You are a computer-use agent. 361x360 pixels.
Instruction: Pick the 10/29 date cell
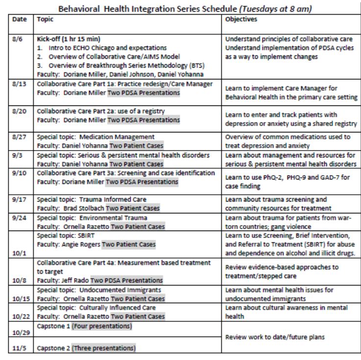(x=19, y=332)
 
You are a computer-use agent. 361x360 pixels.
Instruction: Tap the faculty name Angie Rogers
(x=82, y=244)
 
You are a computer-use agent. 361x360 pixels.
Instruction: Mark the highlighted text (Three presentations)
(x=104, y=348)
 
